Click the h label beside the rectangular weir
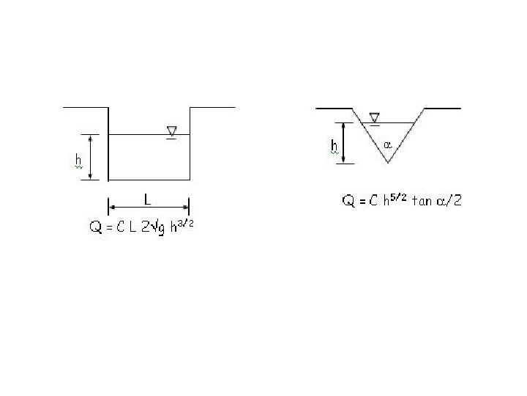[78, 160]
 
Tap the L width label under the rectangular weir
[147, 199]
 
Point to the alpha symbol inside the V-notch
[387, 145]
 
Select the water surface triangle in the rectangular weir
[172, 131]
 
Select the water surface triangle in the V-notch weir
[375, 117]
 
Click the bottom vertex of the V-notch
[388, 163]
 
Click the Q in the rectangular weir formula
[96, 227]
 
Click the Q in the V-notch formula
[348, 201]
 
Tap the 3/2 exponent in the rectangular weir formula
[185, 223]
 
